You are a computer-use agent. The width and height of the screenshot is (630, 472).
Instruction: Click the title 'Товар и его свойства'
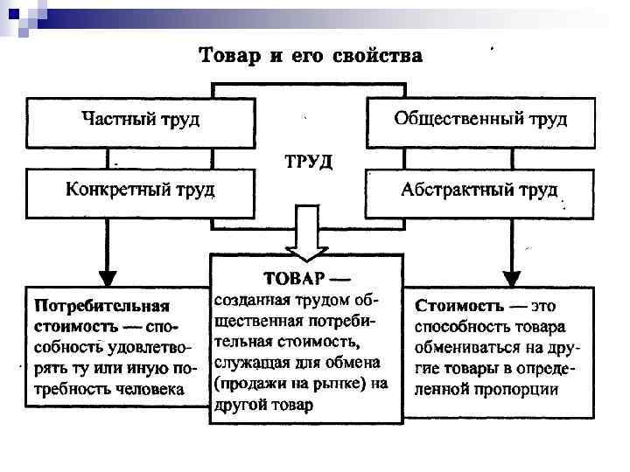[311, 57]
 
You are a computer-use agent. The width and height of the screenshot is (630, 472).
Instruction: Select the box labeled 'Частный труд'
[140, 120]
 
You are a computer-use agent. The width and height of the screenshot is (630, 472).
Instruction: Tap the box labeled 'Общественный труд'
[480, 120]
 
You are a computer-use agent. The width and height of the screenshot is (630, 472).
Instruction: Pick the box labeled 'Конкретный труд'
[140, 191]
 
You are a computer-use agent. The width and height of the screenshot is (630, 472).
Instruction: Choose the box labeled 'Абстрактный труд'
[479, 191]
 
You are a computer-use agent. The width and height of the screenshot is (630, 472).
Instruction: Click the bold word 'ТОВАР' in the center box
[294, 277]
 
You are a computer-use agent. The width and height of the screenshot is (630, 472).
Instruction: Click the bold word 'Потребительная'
[101, 307]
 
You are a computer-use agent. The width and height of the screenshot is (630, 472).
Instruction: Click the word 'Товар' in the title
[230, 57]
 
